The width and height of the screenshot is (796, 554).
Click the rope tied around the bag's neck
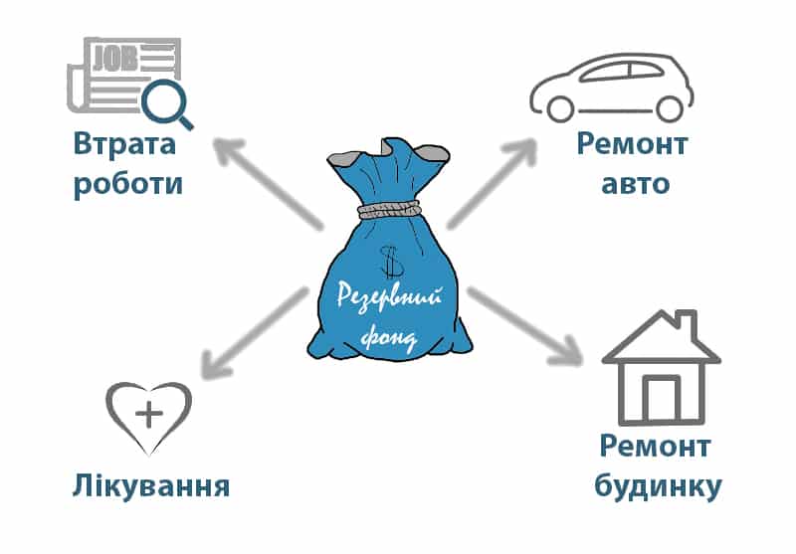(390, 210)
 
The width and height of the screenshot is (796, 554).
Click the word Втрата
(124, 144)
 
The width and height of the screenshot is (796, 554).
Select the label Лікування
(151, 487)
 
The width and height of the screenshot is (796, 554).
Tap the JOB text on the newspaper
(111, 56)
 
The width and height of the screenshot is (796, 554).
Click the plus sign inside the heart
(150, 414)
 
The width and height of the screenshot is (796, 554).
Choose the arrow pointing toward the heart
(254, 334)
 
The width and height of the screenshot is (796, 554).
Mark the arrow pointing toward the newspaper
(264, 183)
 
